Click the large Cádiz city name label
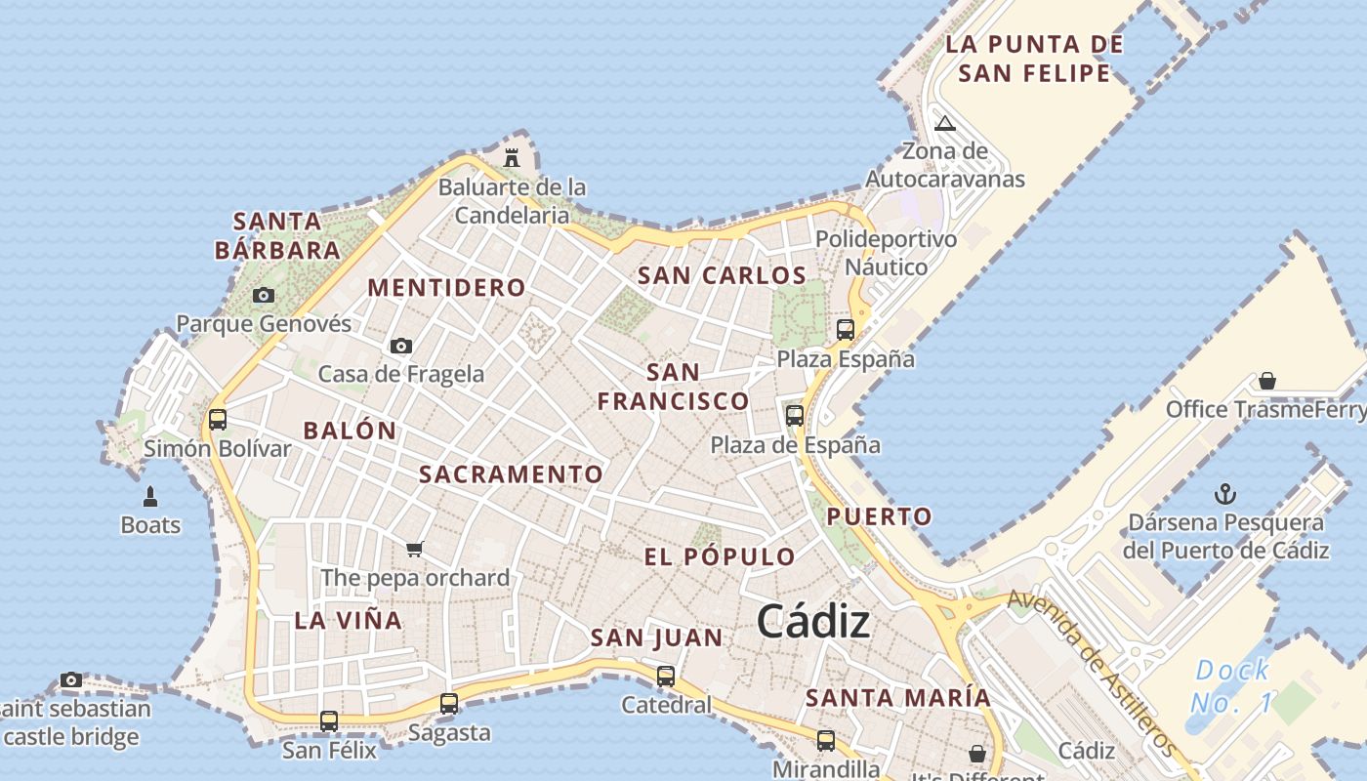click(812, 621)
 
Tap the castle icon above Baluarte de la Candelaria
click(511, 157)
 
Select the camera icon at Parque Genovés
click(263, 295)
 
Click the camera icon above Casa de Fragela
click(400, 346)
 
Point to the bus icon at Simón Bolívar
click(218, 420)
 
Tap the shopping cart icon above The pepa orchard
click(415, 549)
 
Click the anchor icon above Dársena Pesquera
click(1224, 494)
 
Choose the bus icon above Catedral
click(666, 676)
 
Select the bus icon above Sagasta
click(449, 703)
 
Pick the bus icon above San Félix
click(329, 721)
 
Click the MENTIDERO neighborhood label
click(446, 288)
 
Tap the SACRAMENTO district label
click(511, 474)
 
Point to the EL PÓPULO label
click(720, 557)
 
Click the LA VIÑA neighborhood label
click(348, 620)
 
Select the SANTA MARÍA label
click(897, 698)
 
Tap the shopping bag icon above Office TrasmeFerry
click(1266, 380)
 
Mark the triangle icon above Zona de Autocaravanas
click(944, 124)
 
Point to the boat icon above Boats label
click(150, 497)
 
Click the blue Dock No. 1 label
click(1232, 685)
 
